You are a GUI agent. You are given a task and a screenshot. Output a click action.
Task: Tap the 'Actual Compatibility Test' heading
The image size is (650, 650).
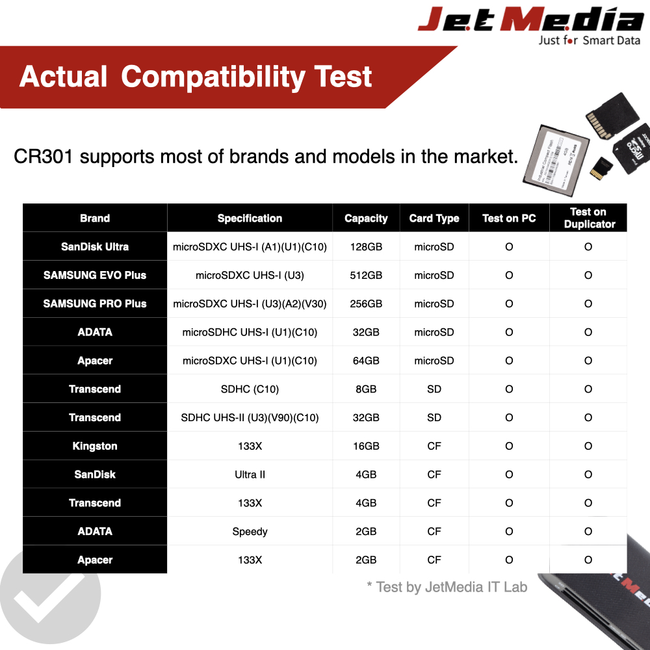point(195,77)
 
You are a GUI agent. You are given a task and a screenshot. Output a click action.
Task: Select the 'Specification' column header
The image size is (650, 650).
point(250,218)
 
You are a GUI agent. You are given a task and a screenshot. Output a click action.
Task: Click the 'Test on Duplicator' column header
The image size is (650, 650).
point(588,218)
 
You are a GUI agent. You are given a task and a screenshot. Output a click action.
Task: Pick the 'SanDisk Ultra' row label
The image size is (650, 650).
point(95,247)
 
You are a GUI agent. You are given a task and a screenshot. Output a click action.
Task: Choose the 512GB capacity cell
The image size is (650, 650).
point(366,276)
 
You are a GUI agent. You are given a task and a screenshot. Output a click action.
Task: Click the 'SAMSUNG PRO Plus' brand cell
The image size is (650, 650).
point(95,304)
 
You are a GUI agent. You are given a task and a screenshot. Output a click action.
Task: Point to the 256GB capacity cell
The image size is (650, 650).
point(366,304)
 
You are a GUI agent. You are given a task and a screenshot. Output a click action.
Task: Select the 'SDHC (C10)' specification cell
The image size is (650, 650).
point(250,389)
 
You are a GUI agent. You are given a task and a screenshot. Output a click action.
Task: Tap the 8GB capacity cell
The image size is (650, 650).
point(366,389)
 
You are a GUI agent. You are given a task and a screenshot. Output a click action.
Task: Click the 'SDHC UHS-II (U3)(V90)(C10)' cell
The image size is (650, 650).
point(250,418)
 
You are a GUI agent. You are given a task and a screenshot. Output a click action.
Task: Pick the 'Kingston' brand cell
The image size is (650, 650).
point(95,446)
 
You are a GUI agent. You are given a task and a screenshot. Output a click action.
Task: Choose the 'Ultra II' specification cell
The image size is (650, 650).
point(250,474)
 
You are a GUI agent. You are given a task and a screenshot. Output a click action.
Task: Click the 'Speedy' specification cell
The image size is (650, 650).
point(250,532)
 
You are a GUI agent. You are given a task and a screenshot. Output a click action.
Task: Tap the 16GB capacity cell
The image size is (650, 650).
point(366,446)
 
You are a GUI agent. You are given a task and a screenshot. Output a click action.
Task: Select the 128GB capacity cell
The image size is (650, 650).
point(366,247)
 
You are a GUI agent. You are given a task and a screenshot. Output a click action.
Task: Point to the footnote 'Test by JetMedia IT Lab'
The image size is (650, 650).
point(447,587)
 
